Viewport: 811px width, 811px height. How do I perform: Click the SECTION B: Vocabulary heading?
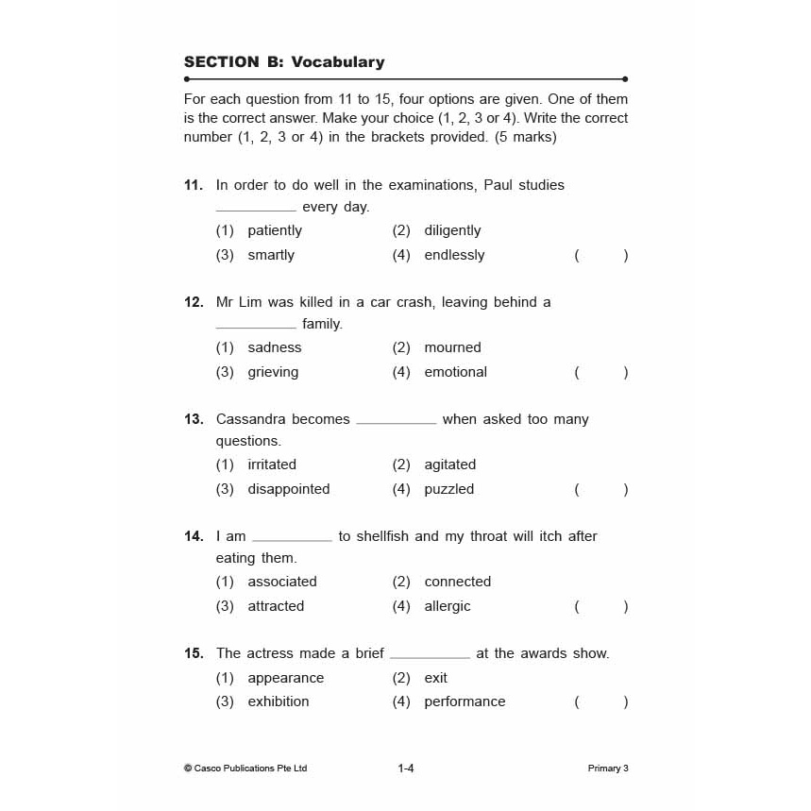[284, 62]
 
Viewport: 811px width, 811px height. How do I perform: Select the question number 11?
[194, 185]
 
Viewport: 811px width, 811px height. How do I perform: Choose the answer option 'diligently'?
[452, 230]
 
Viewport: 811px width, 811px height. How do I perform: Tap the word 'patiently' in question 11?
[275, 230]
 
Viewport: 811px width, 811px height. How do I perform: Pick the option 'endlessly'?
[454, 255]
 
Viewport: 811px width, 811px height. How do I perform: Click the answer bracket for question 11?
[600, 255]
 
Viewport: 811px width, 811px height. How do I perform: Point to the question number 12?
[194, 302]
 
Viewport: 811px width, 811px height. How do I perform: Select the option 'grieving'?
[273, 372]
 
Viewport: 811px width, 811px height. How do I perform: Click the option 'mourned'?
[452, 347]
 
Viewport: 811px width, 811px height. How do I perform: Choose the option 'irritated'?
[272, 465]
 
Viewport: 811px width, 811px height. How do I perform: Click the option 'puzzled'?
[449, 489]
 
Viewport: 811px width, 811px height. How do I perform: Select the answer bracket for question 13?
[600, 489]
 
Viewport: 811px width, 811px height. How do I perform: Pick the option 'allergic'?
[448, 606]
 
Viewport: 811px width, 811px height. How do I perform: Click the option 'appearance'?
[285, 678]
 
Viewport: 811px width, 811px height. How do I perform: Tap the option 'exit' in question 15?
[436, 678]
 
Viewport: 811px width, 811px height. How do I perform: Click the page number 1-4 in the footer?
[406, 769]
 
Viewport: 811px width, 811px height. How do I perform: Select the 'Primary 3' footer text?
[608, 769]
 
